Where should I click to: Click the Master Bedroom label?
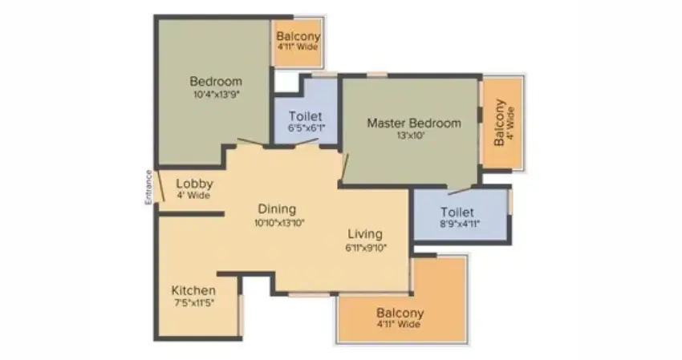tap(414, 123)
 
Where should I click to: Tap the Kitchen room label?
tap(193, 289)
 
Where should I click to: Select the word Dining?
tap(277, 208)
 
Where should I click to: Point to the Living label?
tap(365, 234)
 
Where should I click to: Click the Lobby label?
tap(194, 184)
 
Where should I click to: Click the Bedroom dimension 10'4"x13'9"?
tap(216, 94)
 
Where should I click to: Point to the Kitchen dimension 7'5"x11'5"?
tap(193, 302)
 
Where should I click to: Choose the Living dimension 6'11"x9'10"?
tap(366, 248)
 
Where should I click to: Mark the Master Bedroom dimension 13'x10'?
tap(414, 136)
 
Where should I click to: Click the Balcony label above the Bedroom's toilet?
tap(298, 36)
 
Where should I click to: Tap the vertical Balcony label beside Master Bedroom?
tap(500, 123)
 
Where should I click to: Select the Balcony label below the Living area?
tap(400, 313)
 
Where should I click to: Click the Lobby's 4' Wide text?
tap(193, 196)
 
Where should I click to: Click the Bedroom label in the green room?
tap(216, 81)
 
